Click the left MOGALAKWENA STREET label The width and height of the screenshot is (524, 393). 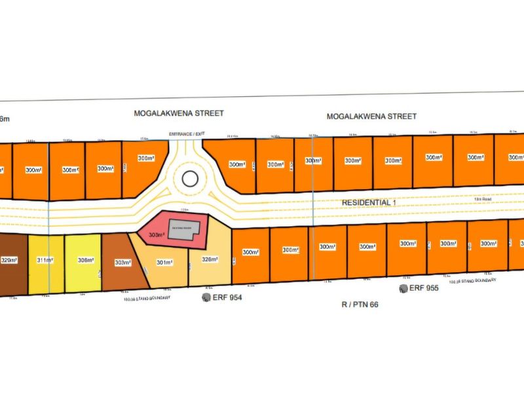[179, 113]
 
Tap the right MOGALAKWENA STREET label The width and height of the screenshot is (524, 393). [372, 117]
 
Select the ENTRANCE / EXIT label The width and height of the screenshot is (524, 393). [187, 134]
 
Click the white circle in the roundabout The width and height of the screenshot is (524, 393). [190, 178]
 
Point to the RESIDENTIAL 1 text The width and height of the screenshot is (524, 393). [369, 203]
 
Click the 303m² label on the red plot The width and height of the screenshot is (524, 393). [157, 234]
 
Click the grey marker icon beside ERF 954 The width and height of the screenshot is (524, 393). [206, 297]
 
